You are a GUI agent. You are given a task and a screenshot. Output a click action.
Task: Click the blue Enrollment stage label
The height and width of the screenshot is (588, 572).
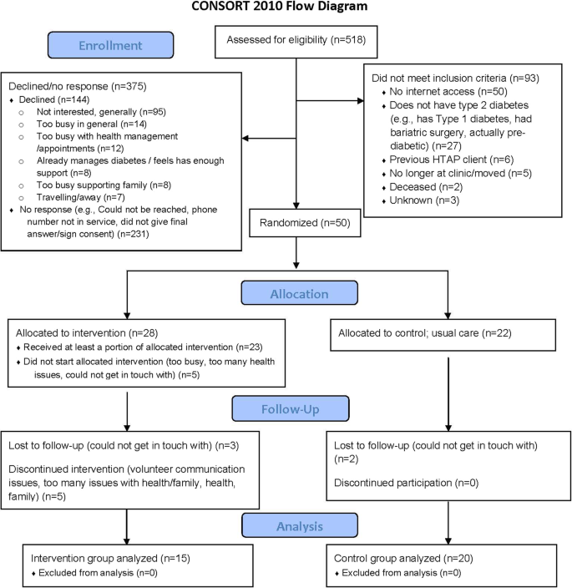(110, 45)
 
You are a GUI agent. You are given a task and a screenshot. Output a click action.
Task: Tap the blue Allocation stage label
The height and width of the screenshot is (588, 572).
(300, 293)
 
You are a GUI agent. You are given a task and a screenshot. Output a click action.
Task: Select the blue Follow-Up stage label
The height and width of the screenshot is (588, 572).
(291, 408)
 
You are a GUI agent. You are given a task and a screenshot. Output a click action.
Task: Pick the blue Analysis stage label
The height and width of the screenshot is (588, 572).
(300, 525)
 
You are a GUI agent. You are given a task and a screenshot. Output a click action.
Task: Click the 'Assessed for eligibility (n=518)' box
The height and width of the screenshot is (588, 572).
(296, 42)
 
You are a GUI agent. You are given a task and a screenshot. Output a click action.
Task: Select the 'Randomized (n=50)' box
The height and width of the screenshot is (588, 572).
(305, 223)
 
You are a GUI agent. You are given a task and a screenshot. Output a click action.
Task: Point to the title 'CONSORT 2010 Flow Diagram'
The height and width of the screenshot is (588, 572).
(280, 7)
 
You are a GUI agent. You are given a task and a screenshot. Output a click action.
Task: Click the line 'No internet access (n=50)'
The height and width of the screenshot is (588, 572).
(448, 92)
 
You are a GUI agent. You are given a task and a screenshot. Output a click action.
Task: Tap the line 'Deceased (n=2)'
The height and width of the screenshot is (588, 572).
(421, 187)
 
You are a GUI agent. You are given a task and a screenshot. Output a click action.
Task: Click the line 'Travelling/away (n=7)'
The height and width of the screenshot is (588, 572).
(81, 197)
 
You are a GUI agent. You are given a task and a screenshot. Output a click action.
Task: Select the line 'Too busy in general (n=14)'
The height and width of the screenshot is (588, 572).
(92, 124)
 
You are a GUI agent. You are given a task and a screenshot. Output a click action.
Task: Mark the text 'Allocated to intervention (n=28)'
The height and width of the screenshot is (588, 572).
(87, 333)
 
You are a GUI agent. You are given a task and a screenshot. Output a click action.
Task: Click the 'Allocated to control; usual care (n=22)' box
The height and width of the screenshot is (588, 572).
(443, 335)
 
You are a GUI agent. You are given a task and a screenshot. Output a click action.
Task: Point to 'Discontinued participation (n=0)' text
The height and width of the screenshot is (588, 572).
(407, 483)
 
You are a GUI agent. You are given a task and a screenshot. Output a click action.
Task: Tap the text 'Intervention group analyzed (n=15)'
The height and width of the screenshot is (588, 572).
(110, 559)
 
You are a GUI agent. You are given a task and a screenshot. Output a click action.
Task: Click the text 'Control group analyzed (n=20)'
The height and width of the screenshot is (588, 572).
(403, 559)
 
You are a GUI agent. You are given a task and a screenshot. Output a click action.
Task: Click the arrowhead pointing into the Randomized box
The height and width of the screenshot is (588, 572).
(296, 205)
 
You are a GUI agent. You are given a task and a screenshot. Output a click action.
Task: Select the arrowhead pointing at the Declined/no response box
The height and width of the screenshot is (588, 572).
(246, 139)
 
